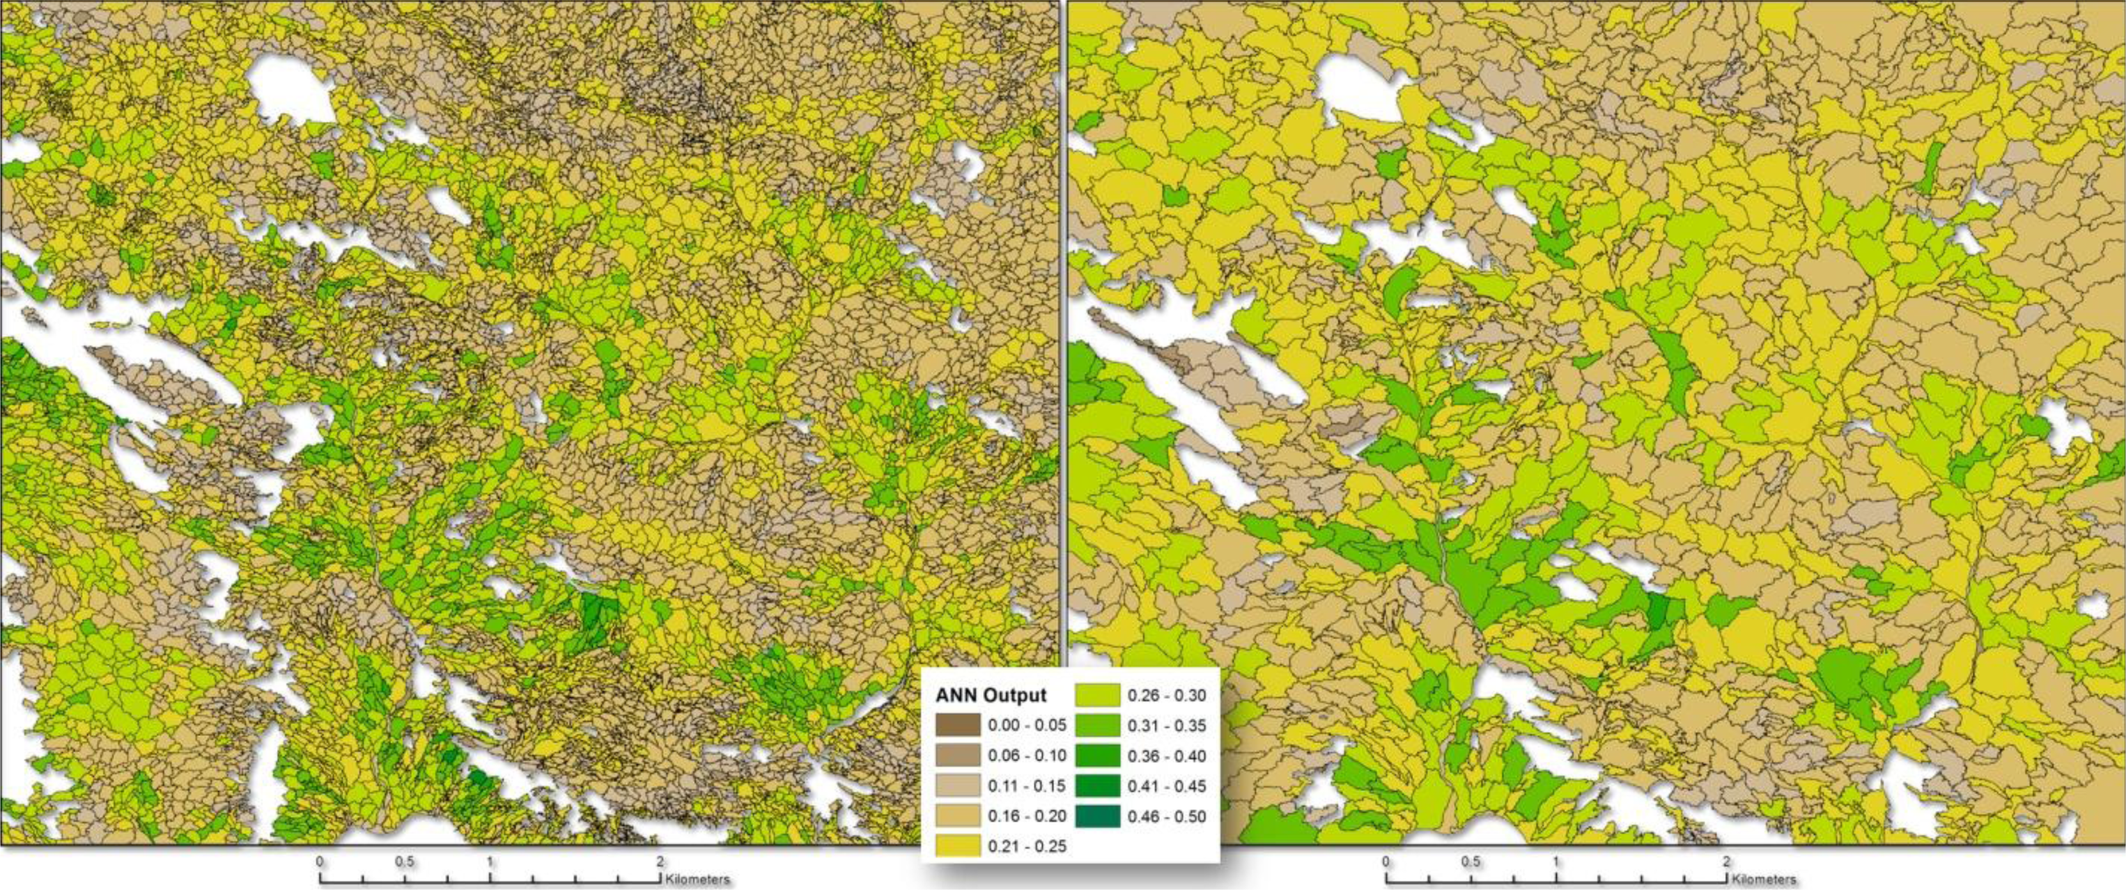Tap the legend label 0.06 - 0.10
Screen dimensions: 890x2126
1027,756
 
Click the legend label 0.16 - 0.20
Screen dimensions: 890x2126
1027,815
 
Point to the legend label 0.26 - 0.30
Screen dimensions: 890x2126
1167,695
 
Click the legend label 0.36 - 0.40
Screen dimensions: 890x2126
1167,756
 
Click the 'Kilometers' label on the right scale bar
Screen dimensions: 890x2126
1764,880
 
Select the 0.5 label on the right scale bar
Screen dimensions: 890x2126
1471,862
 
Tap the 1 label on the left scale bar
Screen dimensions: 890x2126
490,862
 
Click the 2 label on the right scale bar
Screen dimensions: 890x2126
1725,862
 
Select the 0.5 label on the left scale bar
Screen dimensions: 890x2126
405,862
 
